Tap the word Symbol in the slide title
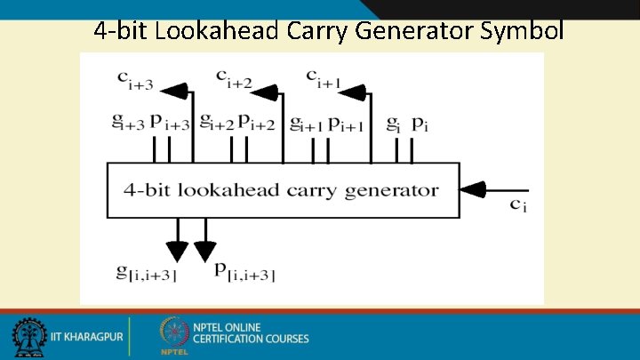click(x=521, y=30)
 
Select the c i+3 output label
click(x=135, y=79)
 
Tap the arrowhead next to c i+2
click(x=268, y=88)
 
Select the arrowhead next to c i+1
click(x=353, y=88)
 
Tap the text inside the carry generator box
click(x=282, y=189)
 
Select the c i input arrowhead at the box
click(x=472, y=189)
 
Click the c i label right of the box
click(x=518, y=205)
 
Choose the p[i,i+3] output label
click(x=245, y=271)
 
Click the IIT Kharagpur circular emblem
click(x=29, y=338)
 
